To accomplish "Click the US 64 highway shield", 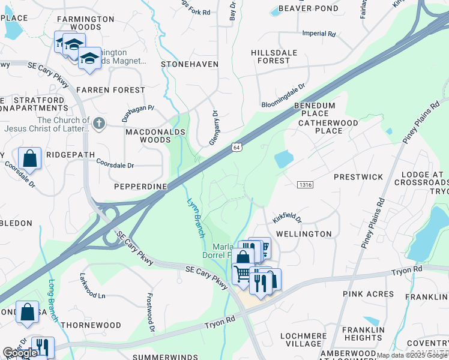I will pos(237,147).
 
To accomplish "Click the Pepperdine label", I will pos(140,187).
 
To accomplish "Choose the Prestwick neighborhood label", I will pos(358,177).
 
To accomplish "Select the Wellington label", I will pos(304,233).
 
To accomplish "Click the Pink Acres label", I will pos(368,294).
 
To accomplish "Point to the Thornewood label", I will pos(91,325).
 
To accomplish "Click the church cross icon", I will pos(100,124).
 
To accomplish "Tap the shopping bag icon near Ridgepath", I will pos(29,158).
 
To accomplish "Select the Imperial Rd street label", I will pos(319,34).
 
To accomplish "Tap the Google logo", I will pos(20,353).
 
